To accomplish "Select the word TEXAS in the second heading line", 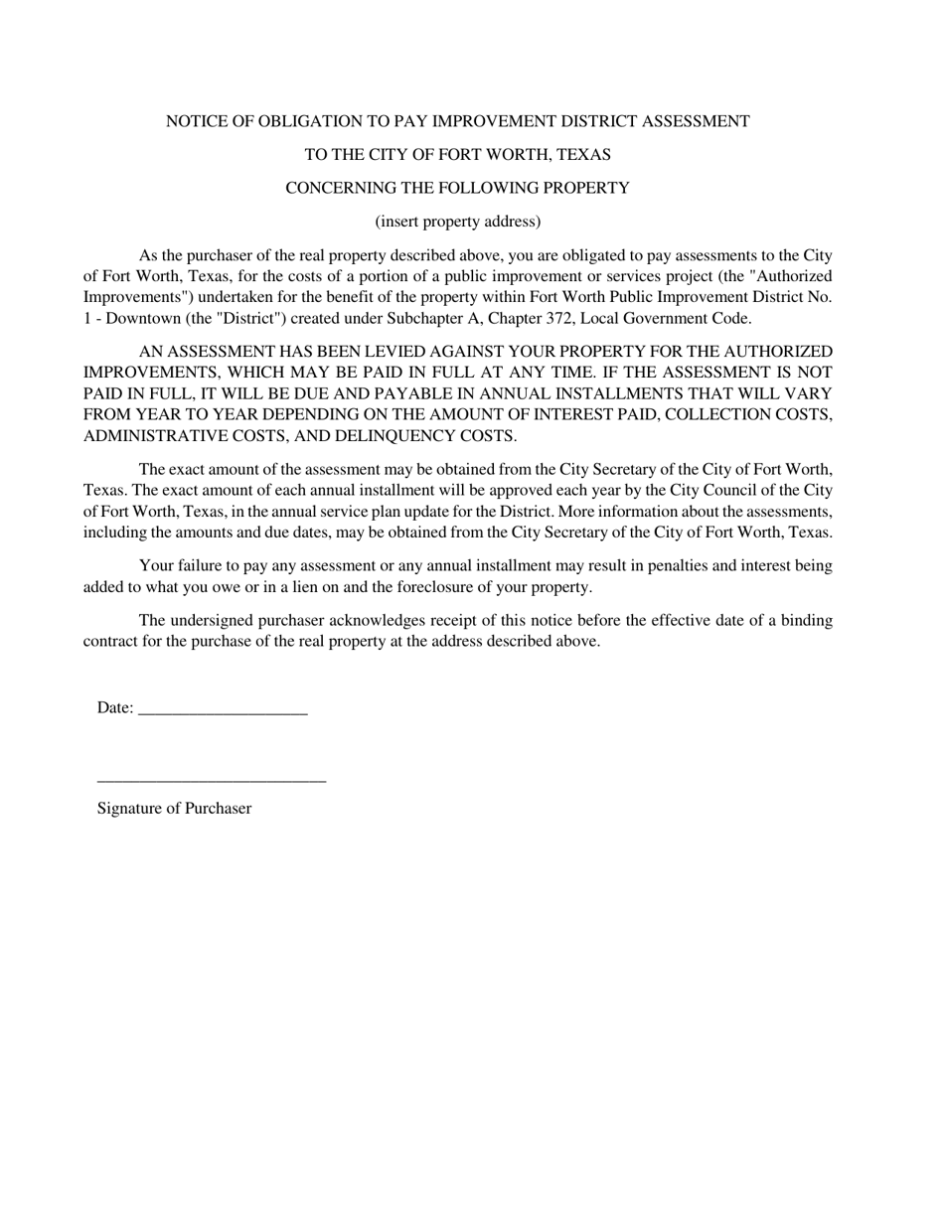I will pyautogui.click(x=585, y=155).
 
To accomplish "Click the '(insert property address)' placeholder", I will pyautogui.click(x=458, y=221).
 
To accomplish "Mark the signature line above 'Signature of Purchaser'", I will pyautogui.click(x=212, y=782).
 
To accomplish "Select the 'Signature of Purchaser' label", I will pyautogui.click(x=174, y=808).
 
